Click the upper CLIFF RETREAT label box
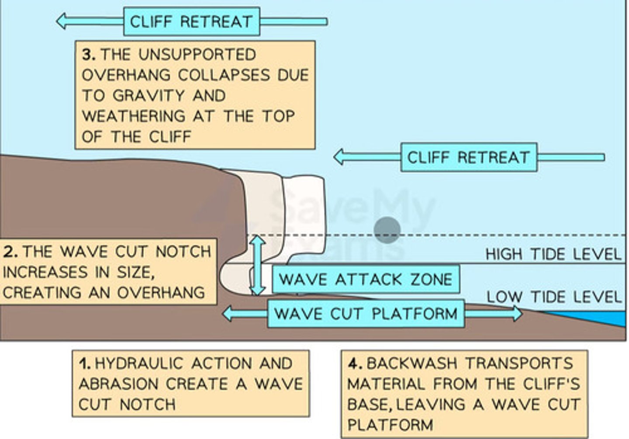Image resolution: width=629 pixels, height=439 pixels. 191,21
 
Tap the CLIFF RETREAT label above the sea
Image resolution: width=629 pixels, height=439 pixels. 469,157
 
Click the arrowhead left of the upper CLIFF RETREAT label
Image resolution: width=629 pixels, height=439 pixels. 62,21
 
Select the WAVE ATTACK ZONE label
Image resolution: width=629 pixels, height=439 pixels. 366,279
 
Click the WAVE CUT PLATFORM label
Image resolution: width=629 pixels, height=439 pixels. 366,314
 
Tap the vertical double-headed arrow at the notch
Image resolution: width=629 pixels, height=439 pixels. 258,265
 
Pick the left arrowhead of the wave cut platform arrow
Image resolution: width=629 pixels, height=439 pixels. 228,313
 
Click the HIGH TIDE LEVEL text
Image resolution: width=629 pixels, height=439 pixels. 553,254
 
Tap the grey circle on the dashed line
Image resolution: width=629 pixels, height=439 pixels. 387,229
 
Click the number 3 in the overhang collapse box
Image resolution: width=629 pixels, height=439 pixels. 88,55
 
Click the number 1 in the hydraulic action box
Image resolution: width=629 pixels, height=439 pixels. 84,363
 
